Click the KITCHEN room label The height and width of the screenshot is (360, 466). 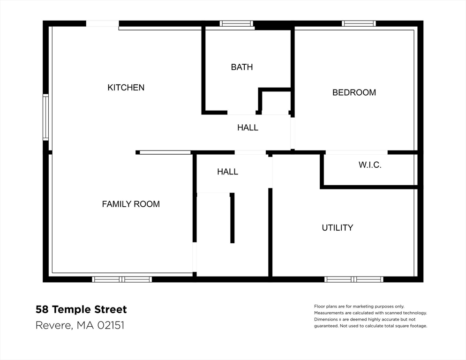coord(126,88)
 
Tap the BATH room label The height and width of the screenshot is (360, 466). coord(242,67)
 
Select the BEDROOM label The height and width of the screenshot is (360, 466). coord(354,92)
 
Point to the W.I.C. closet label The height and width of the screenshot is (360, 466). coord(370,165)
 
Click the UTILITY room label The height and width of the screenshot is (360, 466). coord(337,228)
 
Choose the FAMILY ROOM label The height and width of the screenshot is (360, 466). coord(131,204)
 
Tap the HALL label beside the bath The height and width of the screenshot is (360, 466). coord(248,127)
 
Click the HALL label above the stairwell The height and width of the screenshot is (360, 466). coord(227,172)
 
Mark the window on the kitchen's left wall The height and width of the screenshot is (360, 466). coord(45,117)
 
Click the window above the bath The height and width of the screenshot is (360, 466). coord(236,23)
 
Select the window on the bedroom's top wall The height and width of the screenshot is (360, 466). coord(359,23)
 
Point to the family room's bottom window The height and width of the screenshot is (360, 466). coord(122,279)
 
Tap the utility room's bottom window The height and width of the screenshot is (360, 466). coord(354,279)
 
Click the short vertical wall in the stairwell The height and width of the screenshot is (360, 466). coord(232,218)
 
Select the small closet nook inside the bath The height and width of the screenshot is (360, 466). coord(276,102)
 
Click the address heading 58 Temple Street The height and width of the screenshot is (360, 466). coord(81,309)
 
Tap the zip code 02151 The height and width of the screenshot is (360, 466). coord(111,325)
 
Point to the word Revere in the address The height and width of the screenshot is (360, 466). coord(53,325)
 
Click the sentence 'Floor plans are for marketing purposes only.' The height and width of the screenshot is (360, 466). coord(359,306)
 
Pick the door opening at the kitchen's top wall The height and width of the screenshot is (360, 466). coord(102,23)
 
